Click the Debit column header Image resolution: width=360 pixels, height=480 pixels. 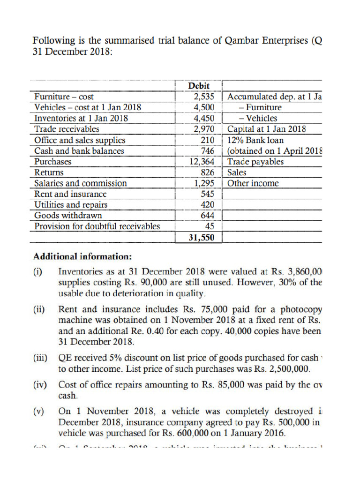[199, 86]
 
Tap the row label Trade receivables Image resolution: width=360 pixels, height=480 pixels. [67, 129]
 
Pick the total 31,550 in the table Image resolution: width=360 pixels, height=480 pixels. [201, 238]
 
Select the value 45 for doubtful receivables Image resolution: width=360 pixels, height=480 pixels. [210, 226]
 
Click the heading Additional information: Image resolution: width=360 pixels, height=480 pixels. [82, 257]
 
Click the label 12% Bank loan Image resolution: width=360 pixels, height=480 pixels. [255, 140]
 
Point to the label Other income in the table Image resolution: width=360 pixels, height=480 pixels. [253, 183]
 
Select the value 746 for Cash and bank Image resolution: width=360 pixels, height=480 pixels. [207, 151]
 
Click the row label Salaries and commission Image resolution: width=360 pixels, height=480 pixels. [81, 183]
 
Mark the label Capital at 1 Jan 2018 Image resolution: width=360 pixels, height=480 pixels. [267, 129]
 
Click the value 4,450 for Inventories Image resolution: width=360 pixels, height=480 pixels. [204, 119]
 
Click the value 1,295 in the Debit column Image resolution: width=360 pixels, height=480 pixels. [204, 183]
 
